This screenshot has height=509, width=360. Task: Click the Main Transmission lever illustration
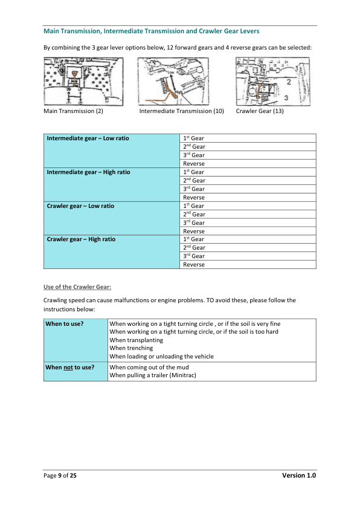[x=83, y=81]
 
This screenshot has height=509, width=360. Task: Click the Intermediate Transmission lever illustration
[x=173, y=81]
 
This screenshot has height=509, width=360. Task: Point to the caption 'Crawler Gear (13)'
[x=260, y=111]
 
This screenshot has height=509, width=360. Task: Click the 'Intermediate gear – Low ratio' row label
[x=88, y=138]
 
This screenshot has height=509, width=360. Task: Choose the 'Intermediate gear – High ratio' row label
[x=89, y=172]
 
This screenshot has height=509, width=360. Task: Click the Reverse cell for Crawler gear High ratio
[x=194, y=265]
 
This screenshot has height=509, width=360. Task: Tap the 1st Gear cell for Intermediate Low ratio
[x=194, y=138]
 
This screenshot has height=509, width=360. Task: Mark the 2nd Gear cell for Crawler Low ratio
[x=194, y=215]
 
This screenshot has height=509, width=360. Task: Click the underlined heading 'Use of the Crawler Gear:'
[x=77, y=287]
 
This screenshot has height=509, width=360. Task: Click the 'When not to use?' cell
[x=69, y=367]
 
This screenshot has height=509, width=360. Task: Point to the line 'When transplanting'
[x=136, y=340]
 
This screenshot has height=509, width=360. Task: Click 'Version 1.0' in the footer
[x=299, y=476]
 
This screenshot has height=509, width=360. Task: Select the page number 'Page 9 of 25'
[x=60, y=476]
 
